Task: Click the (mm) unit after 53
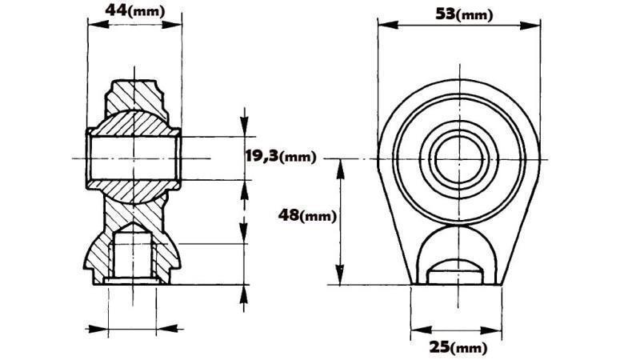click(474, 14)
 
